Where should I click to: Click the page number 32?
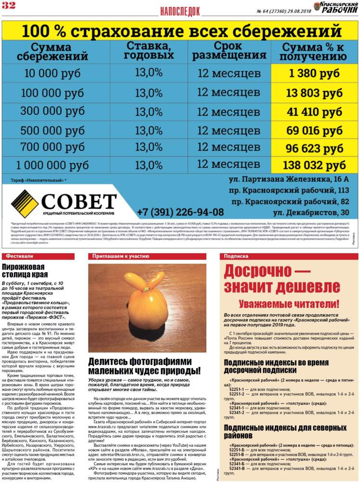coord(9,5)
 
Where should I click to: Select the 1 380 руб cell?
coord(314,74)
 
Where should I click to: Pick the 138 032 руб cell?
coord(314,165)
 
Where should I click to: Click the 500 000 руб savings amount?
coord(50,131)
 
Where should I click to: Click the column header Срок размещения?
coord(229,50)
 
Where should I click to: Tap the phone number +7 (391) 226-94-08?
coord(180,212)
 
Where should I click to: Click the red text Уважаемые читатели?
coord(289,304)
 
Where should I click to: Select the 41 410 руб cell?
coord(314,112)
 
